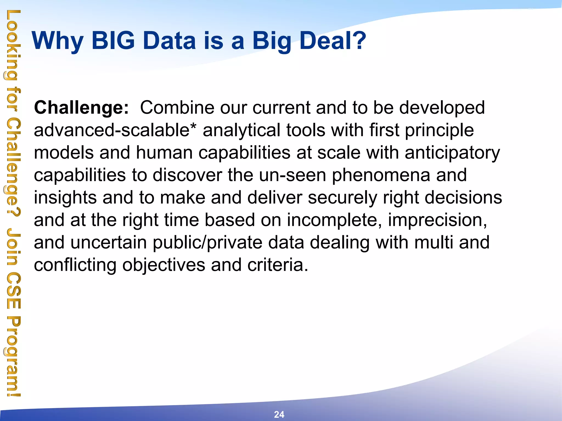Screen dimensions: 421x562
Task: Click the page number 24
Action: [279, 414]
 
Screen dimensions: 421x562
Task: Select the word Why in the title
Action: [57, 41]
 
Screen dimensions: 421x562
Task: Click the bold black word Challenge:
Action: [81, 107]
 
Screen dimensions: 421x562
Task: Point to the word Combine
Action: [177, 107]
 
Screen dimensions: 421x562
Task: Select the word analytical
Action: [241, 130]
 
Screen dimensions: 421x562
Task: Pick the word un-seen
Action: [293, 175]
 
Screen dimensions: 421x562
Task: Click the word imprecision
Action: [437, 220]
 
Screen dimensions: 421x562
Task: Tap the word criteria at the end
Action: [277, 265]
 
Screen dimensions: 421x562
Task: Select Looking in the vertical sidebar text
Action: [12, 45]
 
